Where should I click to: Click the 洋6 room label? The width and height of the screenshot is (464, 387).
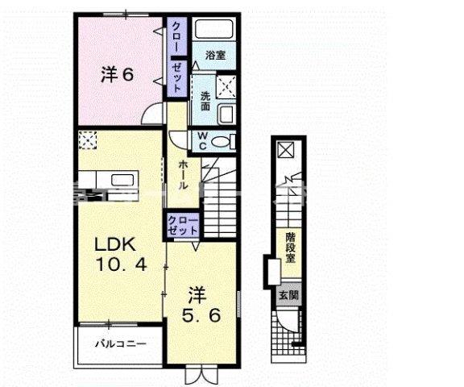[117, 75]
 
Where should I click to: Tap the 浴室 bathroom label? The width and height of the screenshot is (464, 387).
[213, 56]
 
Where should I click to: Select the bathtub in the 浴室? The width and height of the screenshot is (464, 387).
[214, 33]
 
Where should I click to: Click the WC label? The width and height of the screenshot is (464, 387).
[202, 140]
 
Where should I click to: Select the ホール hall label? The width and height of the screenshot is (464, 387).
[183, 174]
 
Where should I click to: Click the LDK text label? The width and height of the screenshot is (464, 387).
[114, 244]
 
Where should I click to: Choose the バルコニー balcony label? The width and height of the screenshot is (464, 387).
[121, 344]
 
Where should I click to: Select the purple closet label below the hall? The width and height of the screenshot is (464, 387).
[183, 225]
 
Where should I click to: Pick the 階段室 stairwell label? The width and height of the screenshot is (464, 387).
[290, 248]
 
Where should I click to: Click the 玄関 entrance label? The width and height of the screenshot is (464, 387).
[288, 295]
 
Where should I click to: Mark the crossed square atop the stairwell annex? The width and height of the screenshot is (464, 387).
[285, 149]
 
